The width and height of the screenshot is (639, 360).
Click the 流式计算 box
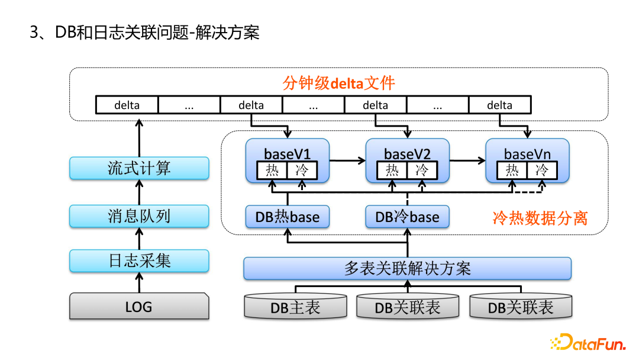[139, 168]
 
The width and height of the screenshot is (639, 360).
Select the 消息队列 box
[139, 216]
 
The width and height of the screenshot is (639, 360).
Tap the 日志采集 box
[139, 261]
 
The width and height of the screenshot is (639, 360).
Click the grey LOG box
[139, 307]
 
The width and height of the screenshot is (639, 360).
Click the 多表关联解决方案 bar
[407, 268]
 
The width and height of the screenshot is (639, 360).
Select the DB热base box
[288, 217]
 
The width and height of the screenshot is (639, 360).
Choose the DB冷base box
[407, 217]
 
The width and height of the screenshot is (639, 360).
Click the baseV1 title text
[288, 154]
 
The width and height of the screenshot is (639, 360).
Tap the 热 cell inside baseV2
[392, 171]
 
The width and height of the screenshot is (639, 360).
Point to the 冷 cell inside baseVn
[542, 171]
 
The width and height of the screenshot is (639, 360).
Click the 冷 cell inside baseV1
[302, 171]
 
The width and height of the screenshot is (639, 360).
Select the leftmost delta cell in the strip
[127, 105]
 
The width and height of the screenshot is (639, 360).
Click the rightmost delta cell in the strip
[500, 105]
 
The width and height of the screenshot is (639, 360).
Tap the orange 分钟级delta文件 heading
[338, 83]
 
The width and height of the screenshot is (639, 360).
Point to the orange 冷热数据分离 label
[540, 218]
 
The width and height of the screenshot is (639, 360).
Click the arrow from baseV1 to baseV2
[347, 160]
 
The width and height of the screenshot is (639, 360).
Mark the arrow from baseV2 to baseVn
[467, 160]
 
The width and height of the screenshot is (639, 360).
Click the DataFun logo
[586, 343]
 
